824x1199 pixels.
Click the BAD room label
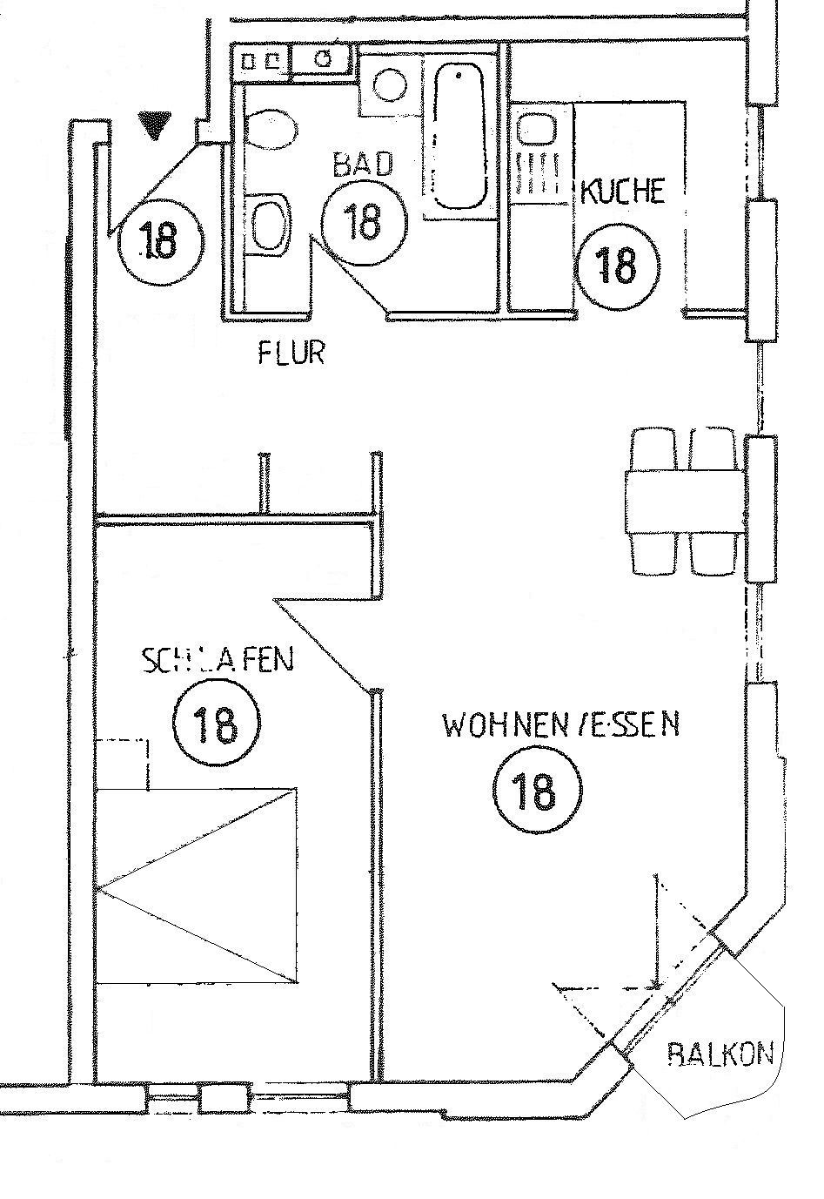pyautogui.click(x=364, y=164)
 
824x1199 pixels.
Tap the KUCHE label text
pyautogui.click(x=622, y=192)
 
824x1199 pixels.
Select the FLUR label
pyautogui.click(x=291, y=353)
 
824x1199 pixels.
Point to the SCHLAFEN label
pyautogui.click(x=218, y=661)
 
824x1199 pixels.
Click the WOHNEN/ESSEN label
pyautogui.click(x=561, y=724)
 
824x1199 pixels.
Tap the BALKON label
pyautogui.click(x=720, y=1054)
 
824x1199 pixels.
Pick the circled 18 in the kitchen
pyautogui.click(x=616, y=262)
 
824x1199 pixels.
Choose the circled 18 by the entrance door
pyautogui.click(x=159, y=239)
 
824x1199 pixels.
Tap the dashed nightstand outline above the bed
pyautogui.click(x=123, y=764)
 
